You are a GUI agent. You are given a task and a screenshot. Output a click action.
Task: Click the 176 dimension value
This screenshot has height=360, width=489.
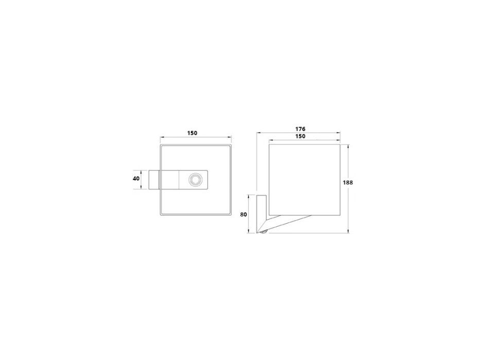point(300,129)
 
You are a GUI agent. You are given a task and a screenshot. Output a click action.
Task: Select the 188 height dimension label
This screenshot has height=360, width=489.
point(348,183)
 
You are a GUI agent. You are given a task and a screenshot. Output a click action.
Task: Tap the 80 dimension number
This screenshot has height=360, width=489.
point(243,214)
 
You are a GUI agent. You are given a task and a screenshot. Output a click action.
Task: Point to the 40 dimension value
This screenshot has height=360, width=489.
point(136,178)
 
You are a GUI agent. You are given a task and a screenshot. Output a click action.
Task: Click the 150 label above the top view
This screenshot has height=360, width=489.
point(192,133)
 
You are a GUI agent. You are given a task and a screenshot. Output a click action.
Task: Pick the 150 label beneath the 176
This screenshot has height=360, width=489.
point(300,136)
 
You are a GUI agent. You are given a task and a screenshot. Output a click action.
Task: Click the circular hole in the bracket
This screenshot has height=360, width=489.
point(196,180)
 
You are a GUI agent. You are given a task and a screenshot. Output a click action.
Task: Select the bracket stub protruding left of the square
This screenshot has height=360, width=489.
point(154,179)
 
